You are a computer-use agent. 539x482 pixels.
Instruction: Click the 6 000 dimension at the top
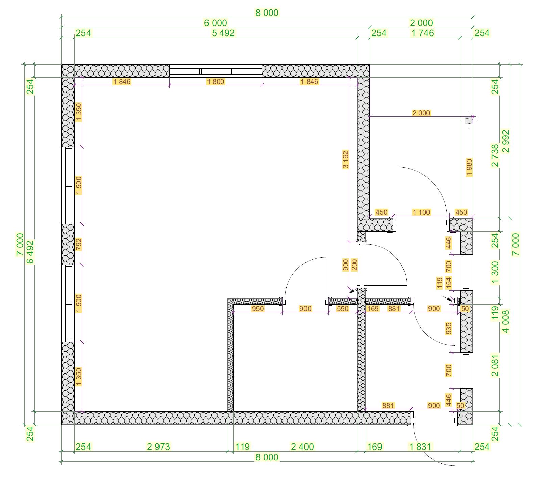216,23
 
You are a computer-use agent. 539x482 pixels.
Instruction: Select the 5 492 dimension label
223,33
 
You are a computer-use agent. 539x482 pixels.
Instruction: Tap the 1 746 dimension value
422,33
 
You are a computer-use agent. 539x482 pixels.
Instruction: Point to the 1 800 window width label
216,81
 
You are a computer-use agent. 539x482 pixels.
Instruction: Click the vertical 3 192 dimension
345,160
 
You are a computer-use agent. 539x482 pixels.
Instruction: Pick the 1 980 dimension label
469,167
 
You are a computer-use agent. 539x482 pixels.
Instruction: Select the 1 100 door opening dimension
421,212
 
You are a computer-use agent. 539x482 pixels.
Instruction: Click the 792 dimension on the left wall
78,244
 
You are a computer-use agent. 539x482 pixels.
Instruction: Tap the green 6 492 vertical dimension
30,252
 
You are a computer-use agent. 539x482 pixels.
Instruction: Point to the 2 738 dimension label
495,155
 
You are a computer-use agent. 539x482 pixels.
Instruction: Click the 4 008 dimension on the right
506,321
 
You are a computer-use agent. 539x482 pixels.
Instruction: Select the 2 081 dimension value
495,365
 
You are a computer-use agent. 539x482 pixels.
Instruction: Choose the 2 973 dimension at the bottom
158,447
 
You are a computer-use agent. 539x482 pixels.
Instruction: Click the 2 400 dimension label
302,447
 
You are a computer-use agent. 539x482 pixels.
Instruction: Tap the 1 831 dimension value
420,447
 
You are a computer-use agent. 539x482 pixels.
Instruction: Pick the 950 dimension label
258,308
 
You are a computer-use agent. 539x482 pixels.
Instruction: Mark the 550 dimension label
342,308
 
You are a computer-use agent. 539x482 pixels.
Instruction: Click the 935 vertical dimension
449,329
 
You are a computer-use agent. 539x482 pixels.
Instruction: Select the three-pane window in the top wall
216,71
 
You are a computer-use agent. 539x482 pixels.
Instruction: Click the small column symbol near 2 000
469,121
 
